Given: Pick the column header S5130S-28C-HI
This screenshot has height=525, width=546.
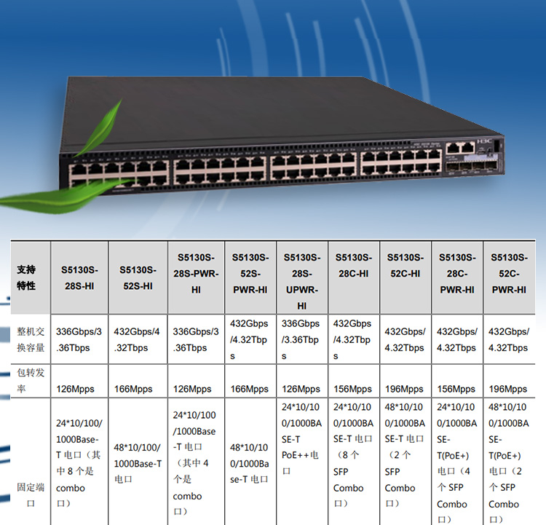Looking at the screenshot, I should [354, 265].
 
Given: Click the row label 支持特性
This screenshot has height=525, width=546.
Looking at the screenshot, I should [26, 277].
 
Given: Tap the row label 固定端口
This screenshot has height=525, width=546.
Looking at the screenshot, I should [26, 495].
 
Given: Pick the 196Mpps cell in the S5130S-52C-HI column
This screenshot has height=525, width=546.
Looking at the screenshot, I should [404, 389].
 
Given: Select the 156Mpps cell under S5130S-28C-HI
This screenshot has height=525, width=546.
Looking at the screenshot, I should [353, 389].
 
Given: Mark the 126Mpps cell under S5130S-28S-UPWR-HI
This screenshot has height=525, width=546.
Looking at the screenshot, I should [300, 389].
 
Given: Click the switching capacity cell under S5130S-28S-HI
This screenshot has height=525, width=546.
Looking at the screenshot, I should [79, 339].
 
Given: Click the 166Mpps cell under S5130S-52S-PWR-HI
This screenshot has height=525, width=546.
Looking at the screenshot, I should [249, 389].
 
